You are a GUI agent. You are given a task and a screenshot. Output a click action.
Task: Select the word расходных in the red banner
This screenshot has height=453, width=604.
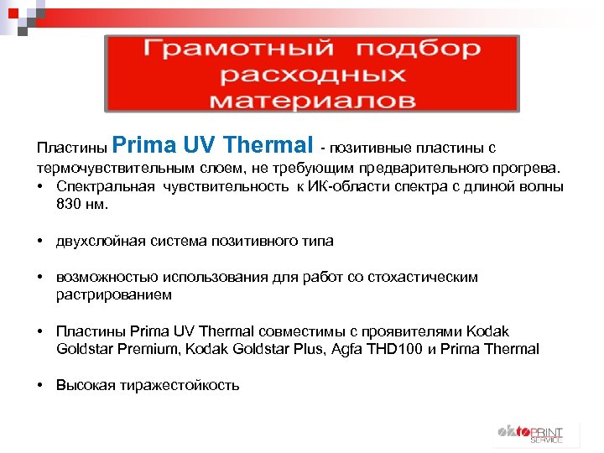pyautogui.click(x=312, y=75)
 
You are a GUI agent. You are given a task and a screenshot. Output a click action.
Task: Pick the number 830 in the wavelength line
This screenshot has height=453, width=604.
pyautogui.click(x=70, y=203)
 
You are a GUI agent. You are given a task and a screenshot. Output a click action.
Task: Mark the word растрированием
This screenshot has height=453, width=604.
pyautogui.click(x=113, y=294)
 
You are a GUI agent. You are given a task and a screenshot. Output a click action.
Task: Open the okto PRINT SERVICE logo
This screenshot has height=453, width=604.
pyautogui.click(x=529, y=435)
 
